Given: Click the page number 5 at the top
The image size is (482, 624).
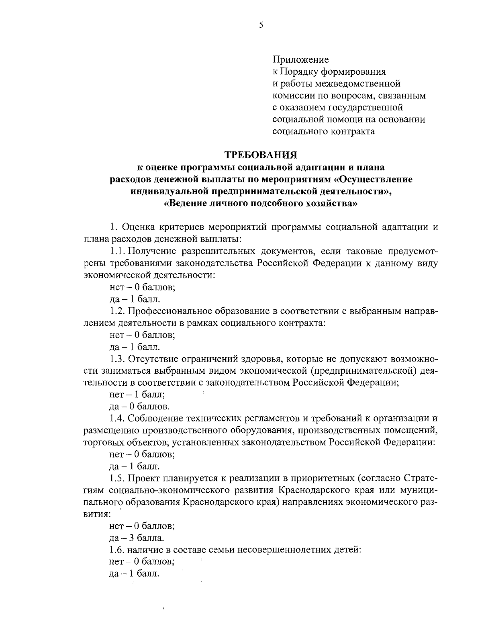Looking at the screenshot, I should [261, 25].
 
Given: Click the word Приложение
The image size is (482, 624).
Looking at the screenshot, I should [300, 60].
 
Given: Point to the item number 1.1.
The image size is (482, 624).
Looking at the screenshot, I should [117, 252].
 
